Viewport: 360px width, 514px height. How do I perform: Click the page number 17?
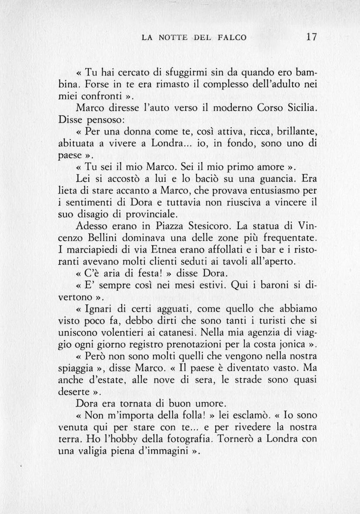[311, 37]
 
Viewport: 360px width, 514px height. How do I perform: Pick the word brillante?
[296, 131]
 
